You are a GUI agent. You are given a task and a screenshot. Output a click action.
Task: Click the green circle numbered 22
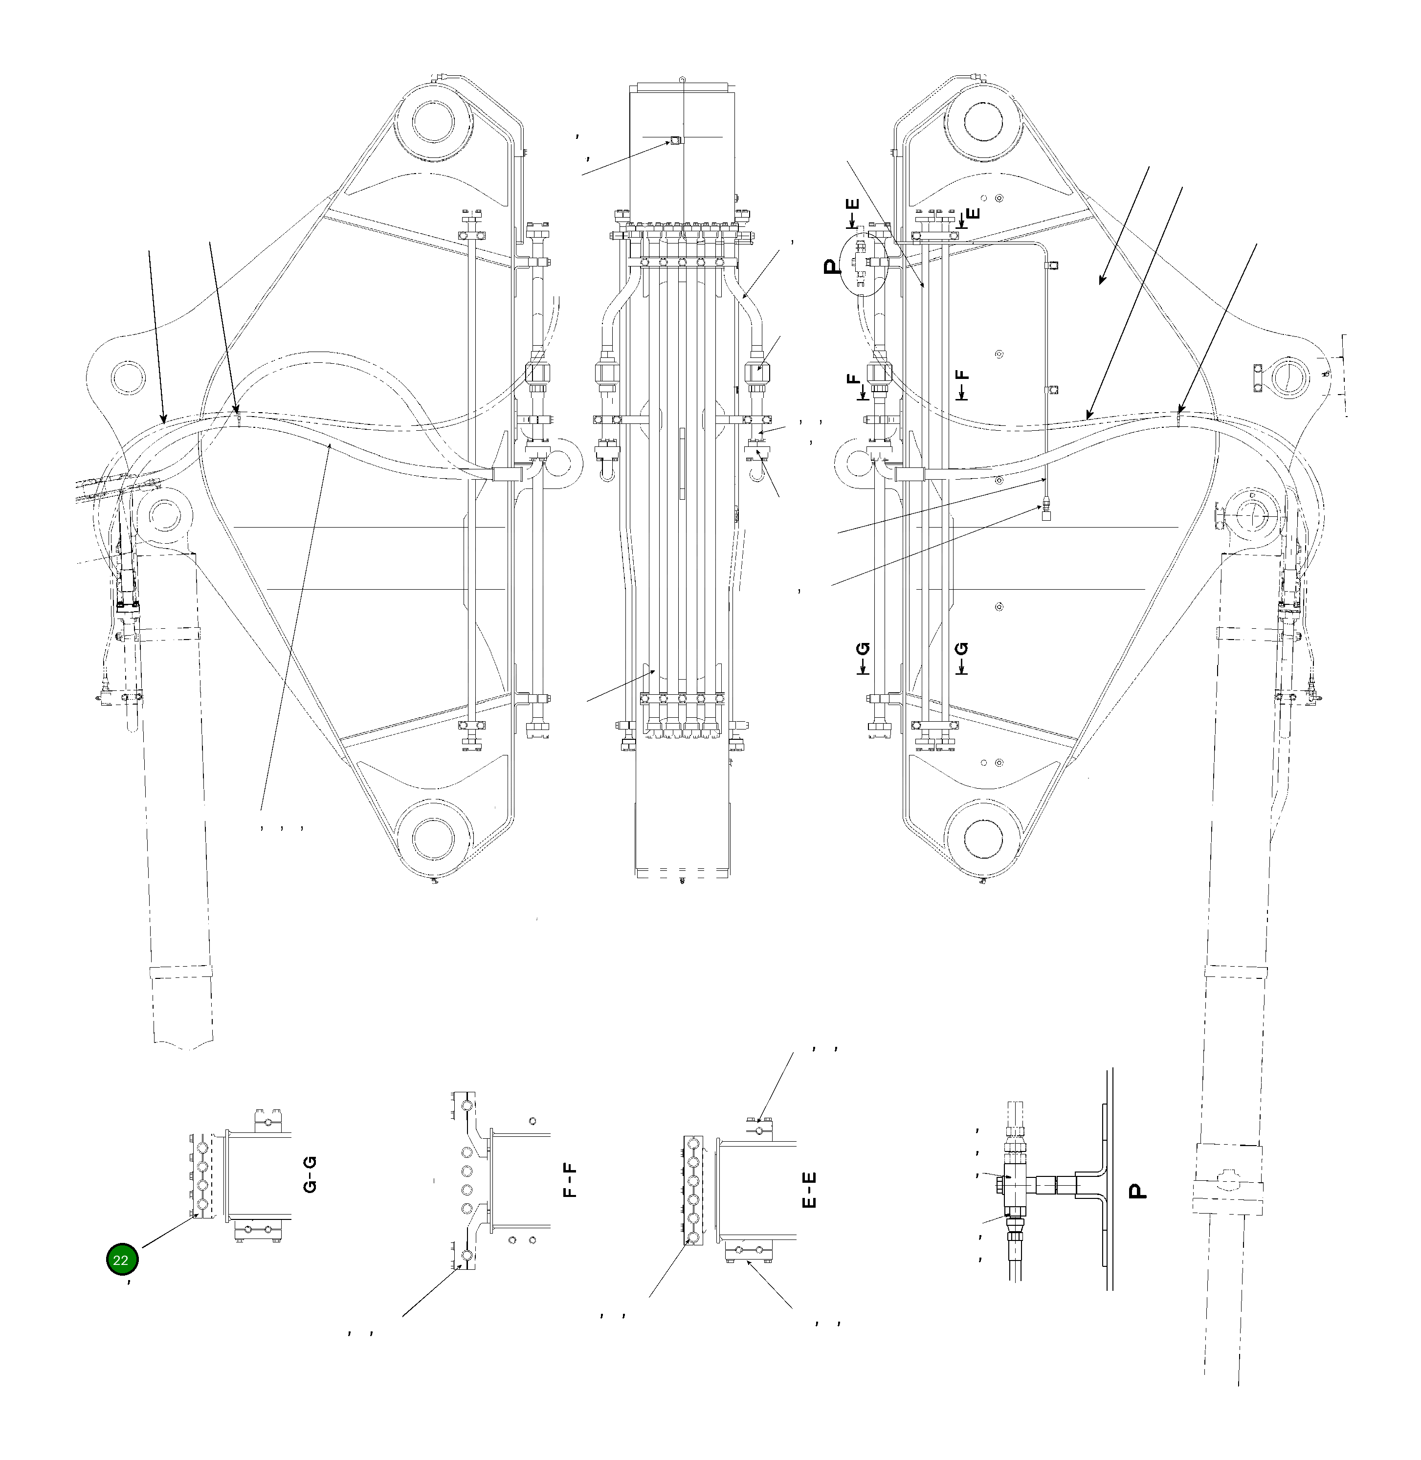click(x=122, y=1260)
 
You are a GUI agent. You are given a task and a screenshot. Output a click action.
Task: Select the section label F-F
click(x=570, y=1178)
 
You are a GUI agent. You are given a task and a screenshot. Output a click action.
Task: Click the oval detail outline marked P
click(x=864, y=264)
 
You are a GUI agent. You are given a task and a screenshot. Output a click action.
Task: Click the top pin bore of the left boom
click(x=433, y=121)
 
